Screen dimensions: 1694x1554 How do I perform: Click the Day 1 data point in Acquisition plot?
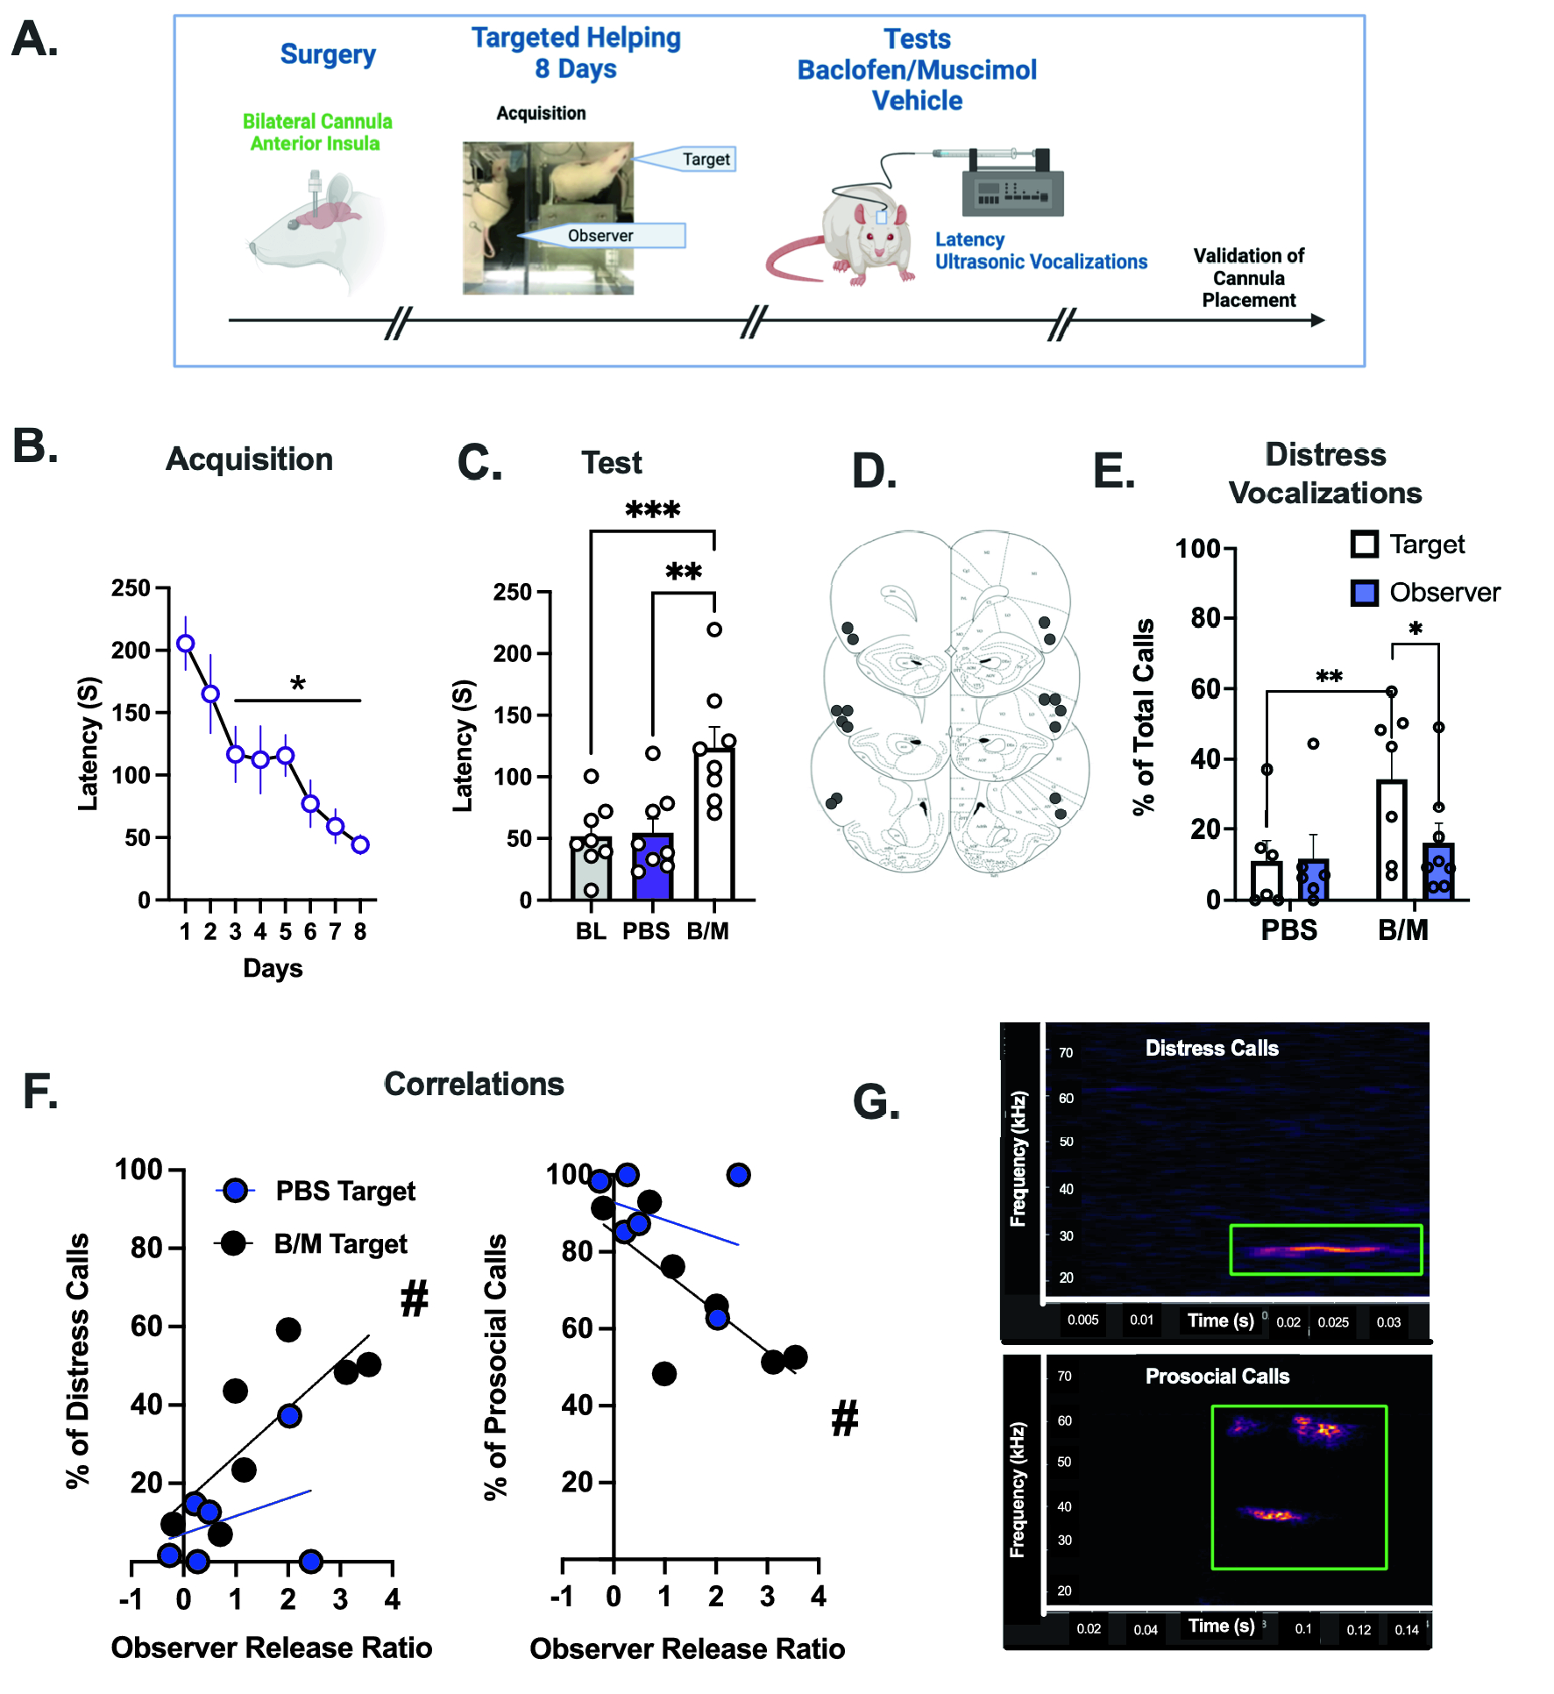[x=185, y=644]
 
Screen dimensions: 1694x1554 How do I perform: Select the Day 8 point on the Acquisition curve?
[x=360, y=844]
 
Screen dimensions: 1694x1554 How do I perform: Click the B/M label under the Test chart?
[x=707, y=931]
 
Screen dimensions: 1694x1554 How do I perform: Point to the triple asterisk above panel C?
[x=652, y=509]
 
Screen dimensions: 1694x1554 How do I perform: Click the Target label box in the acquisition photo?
[x=706, y=160]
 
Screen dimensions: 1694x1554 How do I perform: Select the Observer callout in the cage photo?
[x=600, y=236]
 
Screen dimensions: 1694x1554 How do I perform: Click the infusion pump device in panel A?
[x=1012, y=185]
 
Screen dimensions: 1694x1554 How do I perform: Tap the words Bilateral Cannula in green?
[x=317, y=121]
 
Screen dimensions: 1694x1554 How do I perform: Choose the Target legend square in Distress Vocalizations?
[x=1365, y=544]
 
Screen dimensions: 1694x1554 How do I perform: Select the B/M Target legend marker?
[x=233, y=1243]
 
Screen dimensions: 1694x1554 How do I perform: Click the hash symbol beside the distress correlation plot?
[x=415, y=1298]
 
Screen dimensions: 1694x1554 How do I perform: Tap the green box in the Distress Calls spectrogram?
[x=1325, y=1249]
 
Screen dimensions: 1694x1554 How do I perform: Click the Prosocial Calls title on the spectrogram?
[x=1217, y=1376]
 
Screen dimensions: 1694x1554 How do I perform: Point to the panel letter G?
[x=876, y=1102]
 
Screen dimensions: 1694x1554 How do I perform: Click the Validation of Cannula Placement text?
[x=1248, y=278]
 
